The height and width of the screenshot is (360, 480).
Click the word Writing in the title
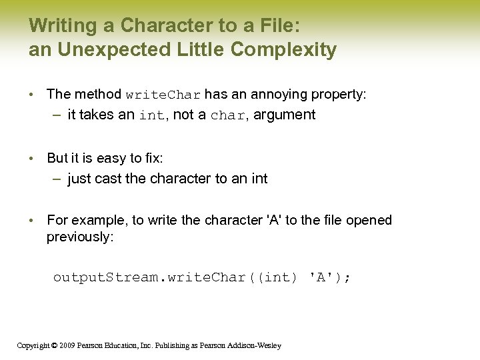point(59,26)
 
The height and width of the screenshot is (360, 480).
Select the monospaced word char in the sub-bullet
point(227,115)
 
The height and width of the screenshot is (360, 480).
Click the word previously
point(80,237)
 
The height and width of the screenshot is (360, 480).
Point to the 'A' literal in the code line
point(322,277)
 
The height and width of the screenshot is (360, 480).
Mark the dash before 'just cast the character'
point(59,179)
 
